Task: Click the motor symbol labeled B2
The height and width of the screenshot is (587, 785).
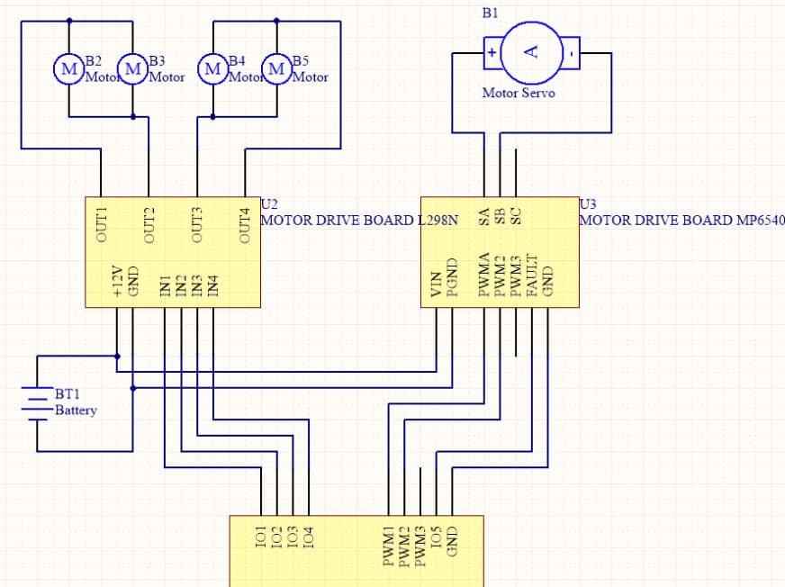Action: (x=68, y=68)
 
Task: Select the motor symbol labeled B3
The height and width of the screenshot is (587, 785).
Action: (x=132, y=68)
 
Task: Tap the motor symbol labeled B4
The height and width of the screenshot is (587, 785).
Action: (x=212, y=68)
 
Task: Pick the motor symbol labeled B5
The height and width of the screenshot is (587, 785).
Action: (x=277, y=68)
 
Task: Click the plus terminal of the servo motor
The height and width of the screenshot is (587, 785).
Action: (x=492, y=52)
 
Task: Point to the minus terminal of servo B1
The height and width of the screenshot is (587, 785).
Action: (x=572, y=52)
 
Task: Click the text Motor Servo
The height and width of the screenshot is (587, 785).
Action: (x=519, y=93)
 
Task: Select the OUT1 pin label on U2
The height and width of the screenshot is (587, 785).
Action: (x=101, y=224)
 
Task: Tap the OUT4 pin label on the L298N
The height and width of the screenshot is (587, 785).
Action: (x=245, y=225)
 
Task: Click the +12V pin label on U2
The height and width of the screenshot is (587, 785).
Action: (x=117, y=282)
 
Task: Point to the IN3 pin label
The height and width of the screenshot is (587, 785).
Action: (x=197, y=286)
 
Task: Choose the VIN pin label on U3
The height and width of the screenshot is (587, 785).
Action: (x=436, y=284)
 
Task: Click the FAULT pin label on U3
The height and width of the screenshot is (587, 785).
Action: (x=532, y=276)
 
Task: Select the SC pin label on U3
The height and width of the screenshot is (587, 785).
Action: (x=516, y=216)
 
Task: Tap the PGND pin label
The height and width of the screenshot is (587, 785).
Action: (x=452, y=278)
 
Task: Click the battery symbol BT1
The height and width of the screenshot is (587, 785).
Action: (x=37, y=403)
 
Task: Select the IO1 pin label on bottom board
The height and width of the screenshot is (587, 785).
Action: (x=260, y=537)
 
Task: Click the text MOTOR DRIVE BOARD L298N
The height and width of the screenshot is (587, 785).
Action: (x=359, y=221)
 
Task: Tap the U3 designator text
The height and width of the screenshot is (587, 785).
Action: (x=588, y=203)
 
